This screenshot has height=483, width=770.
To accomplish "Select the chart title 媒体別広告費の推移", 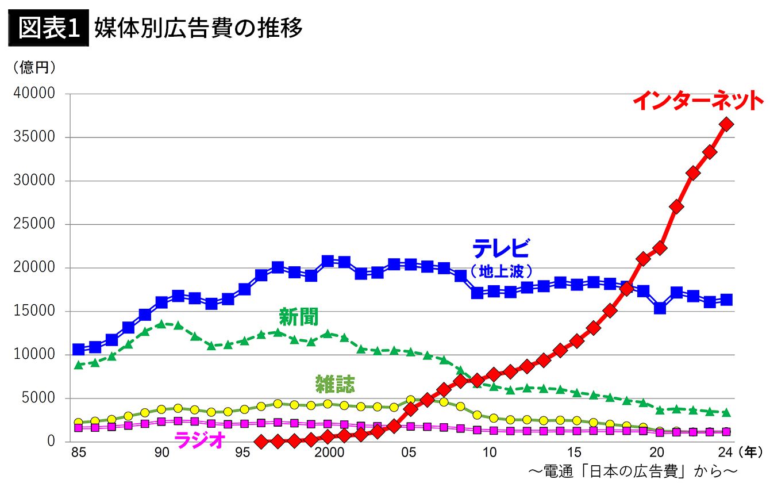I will tap(198, 28).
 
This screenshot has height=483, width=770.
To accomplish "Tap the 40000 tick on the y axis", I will tap(35, 94).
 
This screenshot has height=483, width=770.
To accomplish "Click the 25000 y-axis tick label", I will tap(35, 224).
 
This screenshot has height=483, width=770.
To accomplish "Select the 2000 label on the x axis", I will tap(329, 453).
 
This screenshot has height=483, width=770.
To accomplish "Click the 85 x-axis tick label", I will tap(79, 453).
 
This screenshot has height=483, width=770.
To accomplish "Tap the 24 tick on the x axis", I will tap(726, 453).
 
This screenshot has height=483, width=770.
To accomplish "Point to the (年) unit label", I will tap(750, 453).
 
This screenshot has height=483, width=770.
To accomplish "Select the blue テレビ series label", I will tap(500, 248).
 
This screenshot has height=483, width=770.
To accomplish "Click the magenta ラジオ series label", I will tap(200, 442).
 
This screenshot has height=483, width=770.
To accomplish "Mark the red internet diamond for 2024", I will tap(726, 124).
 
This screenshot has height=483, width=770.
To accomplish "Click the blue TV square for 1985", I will tap(79, 350).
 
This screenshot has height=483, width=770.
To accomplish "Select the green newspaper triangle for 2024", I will tap(726, 412).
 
